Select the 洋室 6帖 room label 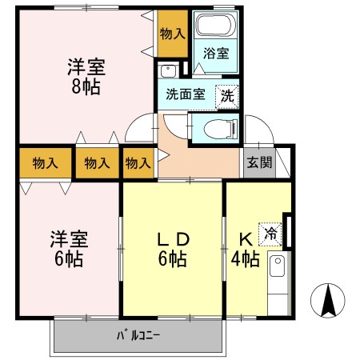[x=70, y=249]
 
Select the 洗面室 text [x=186, y=94]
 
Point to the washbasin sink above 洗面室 [x=168, y=70]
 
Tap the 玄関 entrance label [x=258, y=162]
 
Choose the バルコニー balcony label [x=138, y=335]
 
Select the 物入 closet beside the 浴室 [x=173, y=33]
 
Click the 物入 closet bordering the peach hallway [x=138, y=163]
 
